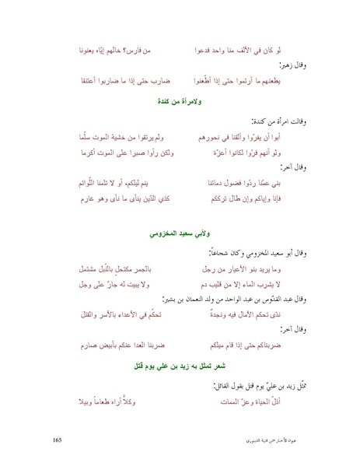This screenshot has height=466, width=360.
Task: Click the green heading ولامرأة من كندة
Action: pos(180,103)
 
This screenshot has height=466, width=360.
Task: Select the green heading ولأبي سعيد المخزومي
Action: pos(180,233)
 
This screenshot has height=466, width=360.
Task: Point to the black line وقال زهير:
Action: pos(286,65)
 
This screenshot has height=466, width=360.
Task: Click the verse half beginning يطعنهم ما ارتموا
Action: pos(253,80)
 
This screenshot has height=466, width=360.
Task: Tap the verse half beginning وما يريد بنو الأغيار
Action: pos(255,268)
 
